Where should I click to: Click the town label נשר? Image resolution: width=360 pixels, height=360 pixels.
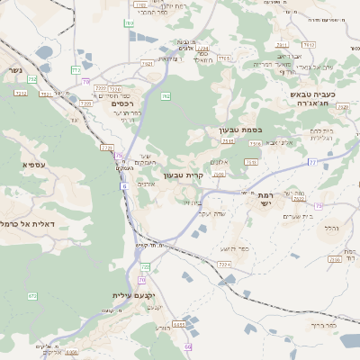pyautogui.click(x=18, y=68)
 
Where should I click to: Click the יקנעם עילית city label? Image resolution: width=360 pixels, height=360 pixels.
pyautogui.click(x=135, y=295)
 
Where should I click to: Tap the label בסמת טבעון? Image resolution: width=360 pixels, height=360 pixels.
pyautogui.click(x=239, y=130)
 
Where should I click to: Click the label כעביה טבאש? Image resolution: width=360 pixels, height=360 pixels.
pyautogui.click(x=312, y=94)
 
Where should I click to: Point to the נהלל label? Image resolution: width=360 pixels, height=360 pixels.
pyautogui.click(x=330, y=228)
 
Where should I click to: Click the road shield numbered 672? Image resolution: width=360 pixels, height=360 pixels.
pyautogui.click(x=32, y=295)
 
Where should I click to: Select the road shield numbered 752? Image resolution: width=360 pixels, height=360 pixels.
pyautogui.click(x=32, y=79)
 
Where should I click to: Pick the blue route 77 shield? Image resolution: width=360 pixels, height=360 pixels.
pyautogui.click(x=312, y=161)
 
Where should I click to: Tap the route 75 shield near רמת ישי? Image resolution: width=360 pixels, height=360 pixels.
pyautogui.click(x=319, y=206)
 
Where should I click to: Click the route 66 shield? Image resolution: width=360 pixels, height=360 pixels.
pyautogui.click(x=188, y=346)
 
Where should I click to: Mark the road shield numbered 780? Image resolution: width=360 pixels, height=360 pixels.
pyautogui.click(x=130, y=24)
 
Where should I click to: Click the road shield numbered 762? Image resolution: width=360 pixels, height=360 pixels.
pyautogui.click(x=165, y=95)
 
